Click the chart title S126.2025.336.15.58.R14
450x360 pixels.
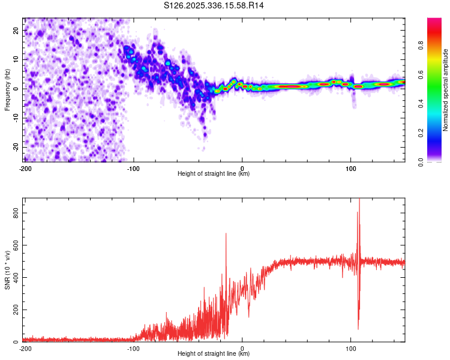coord(214,5)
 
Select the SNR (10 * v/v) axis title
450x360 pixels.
coord(7,269)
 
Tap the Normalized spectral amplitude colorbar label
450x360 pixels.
coord(445,90)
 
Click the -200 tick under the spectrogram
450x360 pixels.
coord(25,168)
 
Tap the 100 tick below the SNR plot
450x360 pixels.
coord(351,348)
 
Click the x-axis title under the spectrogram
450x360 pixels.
coord(214,174)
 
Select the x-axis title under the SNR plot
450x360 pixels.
coord(214,354)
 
